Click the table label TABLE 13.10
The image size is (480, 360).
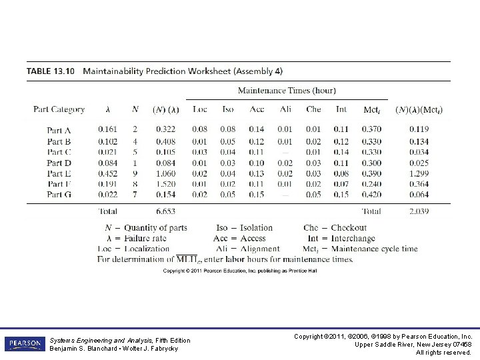(x=52, y=71)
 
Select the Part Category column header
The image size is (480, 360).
(x=59, y=109)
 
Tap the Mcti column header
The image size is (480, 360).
(x=371, y=109)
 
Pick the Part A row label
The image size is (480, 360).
(x=59, y=129)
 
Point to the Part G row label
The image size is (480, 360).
(x=59, y=195)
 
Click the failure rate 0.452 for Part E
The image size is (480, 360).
(x=107, y=173)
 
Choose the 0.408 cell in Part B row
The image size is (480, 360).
(x=167, y=141)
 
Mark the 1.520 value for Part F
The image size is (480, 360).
(x=167, y=183)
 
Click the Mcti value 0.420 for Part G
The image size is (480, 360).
(x=371, y=195)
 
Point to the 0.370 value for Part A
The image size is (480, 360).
(x=371, y=129)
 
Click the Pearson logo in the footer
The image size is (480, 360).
(x=23, y=344)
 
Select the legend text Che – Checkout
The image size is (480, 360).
(x=335, y=228)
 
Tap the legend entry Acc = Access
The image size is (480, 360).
(x=239, y=239)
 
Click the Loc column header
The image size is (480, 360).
(x=199, y=109)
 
